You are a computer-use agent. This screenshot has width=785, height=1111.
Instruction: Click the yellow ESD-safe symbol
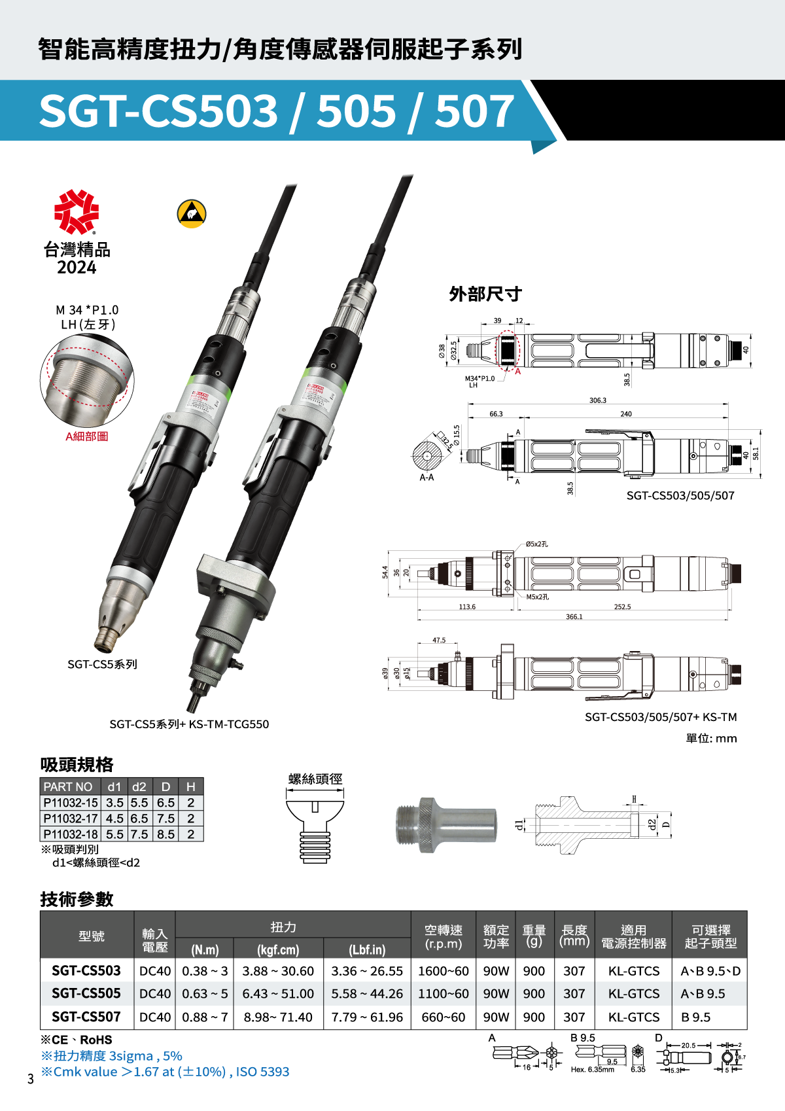pyautogui.click(x=192, y=213)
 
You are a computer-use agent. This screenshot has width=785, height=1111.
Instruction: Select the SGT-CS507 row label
pyautogui.click(x=86, y=1017)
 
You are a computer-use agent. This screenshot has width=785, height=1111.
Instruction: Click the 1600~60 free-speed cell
pyautogui.click(x=443, y=971)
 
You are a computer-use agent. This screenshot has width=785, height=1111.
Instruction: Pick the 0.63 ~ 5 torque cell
pyautogui.click(x=205, y=994)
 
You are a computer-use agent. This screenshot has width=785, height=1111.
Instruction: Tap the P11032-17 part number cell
pyautogui.click(x=71, y=819)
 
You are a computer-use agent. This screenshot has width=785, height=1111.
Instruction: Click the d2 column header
pyautogui.click(x=139, y=786)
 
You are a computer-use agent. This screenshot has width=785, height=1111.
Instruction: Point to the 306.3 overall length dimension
pyautogui.click(x=597, y=400)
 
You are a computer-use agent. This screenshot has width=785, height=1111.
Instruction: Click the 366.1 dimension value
pyautogui.click(x=574, y=617)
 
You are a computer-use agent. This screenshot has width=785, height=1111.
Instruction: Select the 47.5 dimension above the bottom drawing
pyautogui.click(x=439, y=640)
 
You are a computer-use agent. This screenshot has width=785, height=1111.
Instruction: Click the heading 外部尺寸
pyautogui.click(x=485, y=294)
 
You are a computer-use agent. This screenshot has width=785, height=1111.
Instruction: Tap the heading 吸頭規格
pyautogui.click(x=77, y=764)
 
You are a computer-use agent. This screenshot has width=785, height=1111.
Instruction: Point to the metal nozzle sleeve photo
pyautogui.click(x=445, y=824)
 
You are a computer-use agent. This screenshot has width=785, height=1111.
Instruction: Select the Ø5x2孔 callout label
pyautogui.click(x=537, y=544)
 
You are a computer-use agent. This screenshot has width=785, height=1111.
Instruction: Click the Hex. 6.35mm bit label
pyautogui.click(x=592, y=1070)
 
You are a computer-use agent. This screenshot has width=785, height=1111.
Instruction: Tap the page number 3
pyautogui.click(x=30, y=1079)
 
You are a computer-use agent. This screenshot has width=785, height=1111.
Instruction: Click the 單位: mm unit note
pyautogui.click(x=711, y=738)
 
